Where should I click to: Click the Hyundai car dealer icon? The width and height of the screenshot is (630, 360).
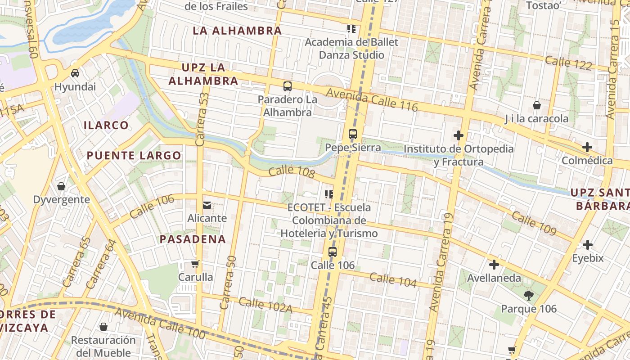click(x=75, y=73)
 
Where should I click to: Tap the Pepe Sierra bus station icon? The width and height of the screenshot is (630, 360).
click(x=353, y=134)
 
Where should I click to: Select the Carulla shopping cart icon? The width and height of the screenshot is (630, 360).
click(x=195, y=264)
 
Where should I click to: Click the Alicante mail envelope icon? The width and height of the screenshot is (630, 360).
click(x=207, y=205)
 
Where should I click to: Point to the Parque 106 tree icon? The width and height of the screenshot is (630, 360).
click(x=529, y=296)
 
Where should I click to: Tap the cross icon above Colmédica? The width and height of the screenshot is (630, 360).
click(x=587, y=147)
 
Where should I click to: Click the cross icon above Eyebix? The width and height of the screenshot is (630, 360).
click(x=587, y=245)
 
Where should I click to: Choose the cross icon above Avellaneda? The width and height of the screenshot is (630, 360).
click(x=494, y=265)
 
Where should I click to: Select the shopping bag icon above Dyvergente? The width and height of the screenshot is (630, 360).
click(x=61, y=186)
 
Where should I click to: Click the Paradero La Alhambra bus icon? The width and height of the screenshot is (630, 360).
click(x=287, y=86)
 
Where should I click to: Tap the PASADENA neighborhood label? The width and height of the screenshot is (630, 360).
click(x=193, y=239)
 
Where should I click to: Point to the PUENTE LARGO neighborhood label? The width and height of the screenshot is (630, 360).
click(x=134, y=156)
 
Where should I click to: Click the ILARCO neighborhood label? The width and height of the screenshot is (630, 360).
click(x=106, y=125)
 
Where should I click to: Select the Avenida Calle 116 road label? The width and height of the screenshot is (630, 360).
click(x=372, y=100)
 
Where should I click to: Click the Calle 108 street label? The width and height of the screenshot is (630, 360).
click(x=291, y=172)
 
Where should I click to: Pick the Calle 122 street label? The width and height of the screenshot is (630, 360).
click(x=568, y=63)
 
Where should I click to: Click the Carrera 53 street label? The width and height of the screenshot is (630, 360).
click(x=202, y=119)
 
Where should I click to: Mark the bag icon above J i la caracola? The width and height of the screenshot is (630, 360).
click(x=536, y=106)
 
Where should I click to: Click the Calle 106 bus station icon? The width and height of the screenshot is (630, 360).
click(x=333, y=252)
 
